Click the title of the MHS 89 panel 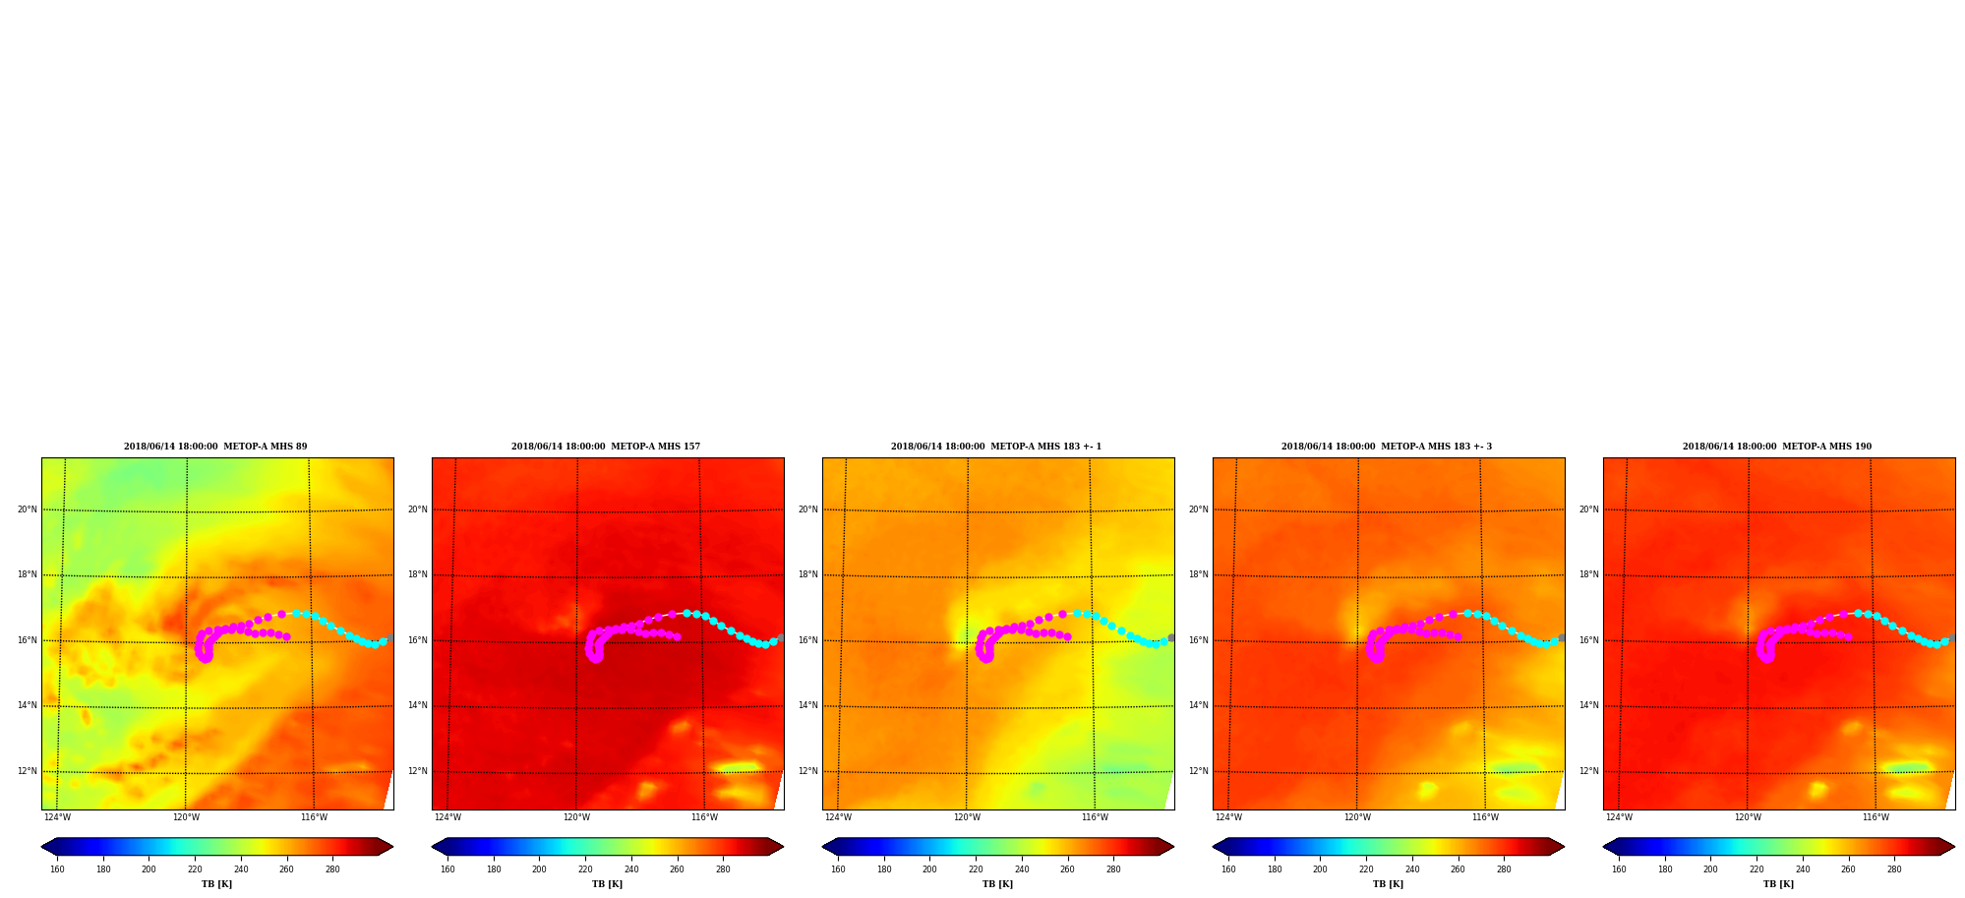215,447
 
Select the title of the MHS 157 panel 606,447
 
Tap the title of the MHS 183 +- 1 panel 996,447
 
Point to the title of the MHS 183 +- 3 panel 1387,447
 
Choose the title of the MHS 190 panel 1777,447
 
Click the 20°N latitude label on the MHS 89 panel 28,509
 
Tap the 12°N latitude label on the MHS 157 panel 418,771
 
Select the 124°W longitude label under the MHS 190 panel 1619,817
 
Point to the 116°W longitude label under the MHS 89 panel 314,817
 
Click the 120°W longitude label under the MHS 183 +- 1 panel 967,817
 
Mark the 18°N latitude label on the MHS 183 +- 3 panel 1199,574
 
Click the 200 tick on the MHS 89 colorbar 149,869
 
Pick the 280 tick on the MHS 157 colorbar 723,869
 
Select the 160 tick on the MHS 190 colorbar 1619,869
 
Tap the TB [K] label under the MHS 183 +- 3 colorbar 1388,884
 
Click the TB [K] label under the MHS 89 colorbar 216,884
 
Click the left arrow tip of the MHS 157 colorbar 432,847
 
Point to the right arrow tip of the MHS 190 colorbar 1955,847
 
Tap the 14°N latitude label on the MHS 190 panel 1589,705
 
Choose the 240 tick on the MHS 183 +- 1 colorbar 1022,869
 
